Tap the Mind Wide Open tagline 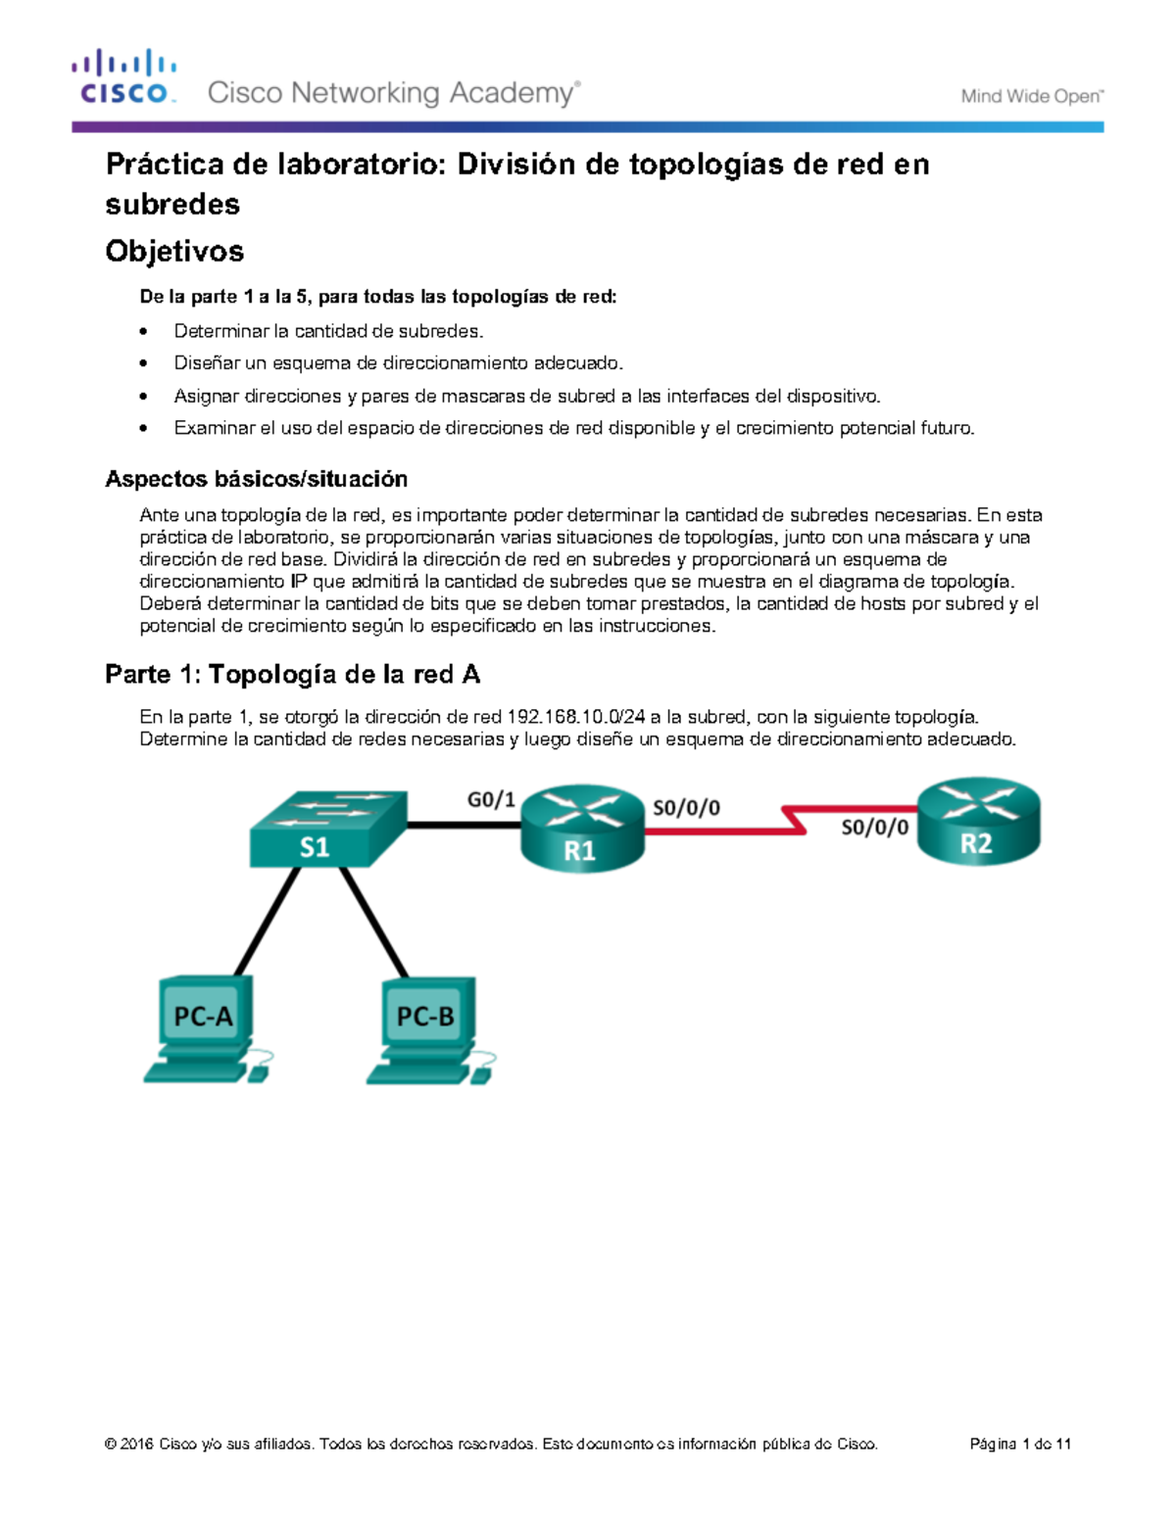[x=1031, y=96]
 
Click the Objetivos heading [x=174, y=251]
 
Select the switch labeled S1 [x=326, y=829]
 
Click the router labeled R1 [x=582, y=829]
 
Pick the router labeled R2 [x=978, y=822]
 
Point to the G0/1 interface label [x=490, y=800]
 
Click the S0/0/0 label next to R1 [x=686, y=808]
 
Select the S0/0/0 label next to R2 [x=874, y=828]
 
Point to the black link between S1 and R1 [x=463, y=826]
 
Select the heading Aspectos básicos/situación [x=256, y=479]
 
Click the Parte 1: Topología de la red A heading [x=292, y=674]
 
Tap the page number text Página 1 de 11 [x=1020, y=1444]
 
